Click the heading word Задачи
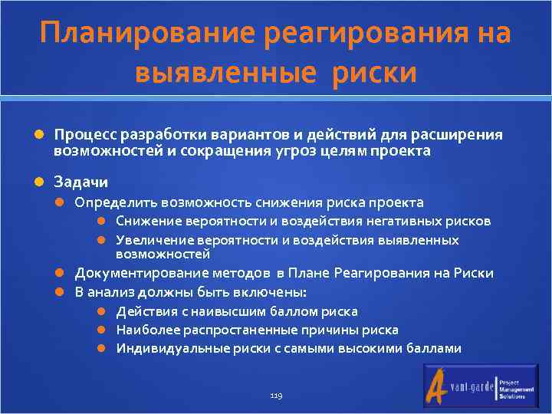point(80,182)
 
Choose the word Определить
point(111,202)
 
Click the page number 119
point(276,396)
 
